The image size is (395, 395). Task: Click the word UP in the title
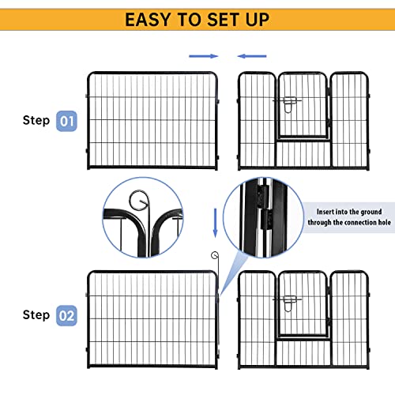(253, 19)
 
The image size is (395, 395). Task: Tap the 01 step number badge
(66, 122)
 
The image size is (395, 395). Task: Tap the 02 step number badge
(66, 316)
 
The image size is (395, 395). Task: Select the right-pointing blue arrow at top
(202, 56)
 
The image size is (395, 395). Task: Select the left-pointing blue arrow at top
(253, 56)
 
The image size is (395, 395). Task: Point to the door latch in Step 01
(288, 103)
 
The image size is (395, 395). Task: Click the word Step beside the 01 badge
(36, 122)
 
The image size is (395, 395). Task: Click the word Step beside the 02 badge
(36, 315)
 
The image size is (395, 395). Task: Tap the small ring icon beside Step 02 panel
(214, 254)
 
